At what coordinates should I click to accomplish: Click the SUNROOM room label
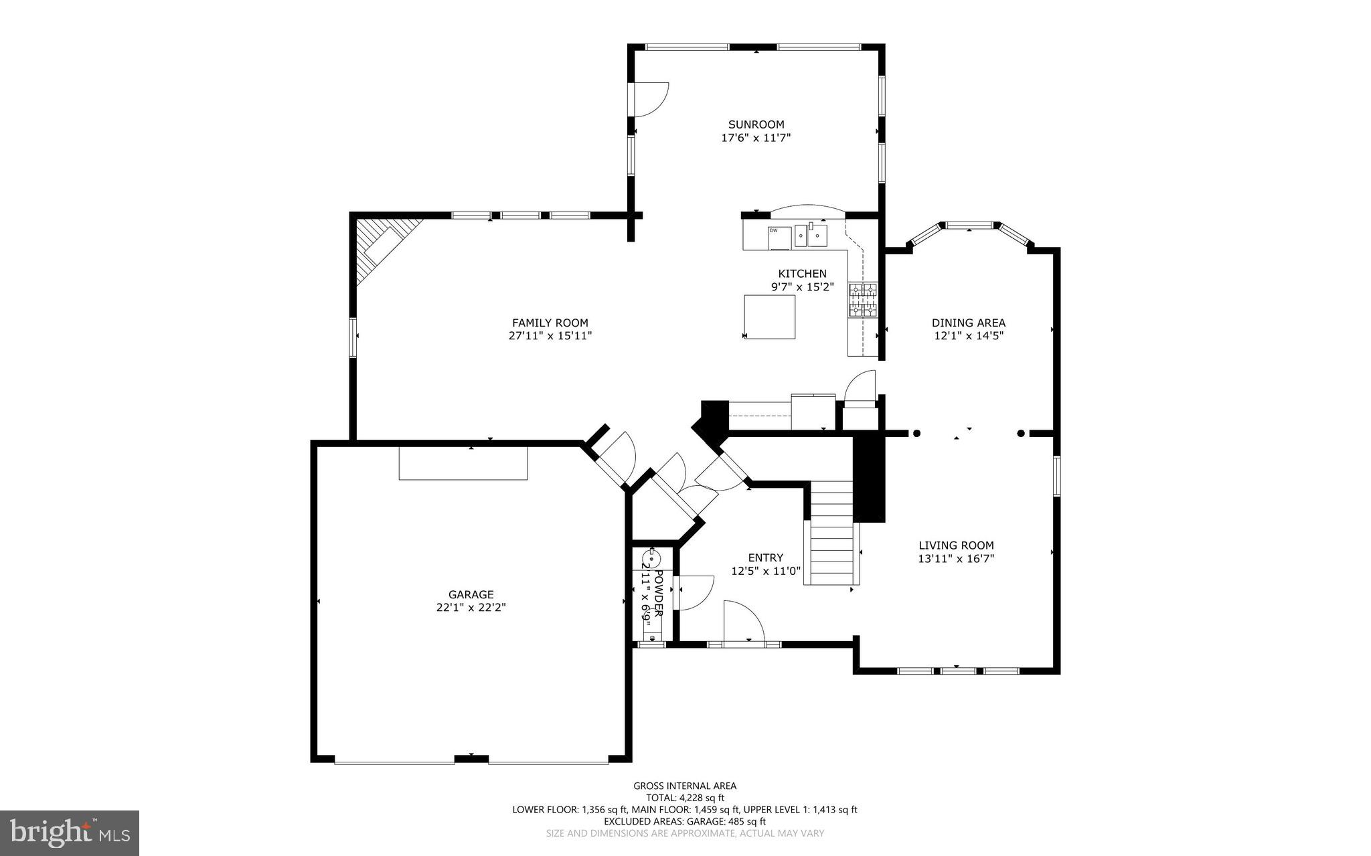coord(756,124)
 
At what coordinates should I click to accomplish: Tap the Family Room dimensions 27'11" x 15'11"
coord(550,336)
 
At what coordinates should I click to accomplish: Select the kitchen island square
coord(769,317)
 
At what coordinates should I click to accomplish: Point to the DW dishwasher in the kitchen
coord(779,237)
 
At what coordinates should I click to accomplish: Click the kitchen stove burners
coord(863,300)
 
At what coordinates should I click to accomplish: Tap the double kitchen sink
coord(811,236)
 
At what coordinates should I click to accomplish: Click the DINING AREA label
coord(969,323)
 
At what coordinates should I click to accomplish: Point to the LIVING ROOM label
coord(956,545)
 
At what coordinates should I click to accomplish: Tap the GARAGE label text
coord(471,594)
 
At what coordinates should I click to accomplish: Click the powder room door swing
coord(695,592)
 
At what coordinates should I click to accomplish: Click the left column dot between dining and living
coord(916,434)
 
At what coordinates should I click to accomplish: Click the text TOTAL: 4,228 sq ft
coord(685,798)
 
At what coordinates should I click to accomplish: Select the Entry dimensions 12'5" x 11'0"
coord(766,572)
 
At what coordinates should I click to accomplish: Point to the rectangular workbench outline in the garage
coord(463,463)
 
